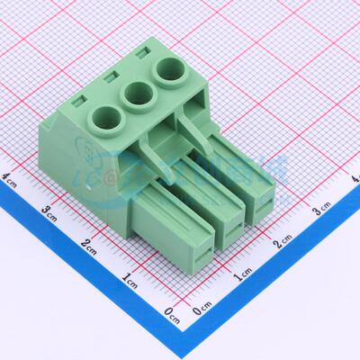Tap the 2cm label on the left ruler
click(x=89, y=244)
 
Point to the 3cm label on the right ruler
click(x=321, y=211)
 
